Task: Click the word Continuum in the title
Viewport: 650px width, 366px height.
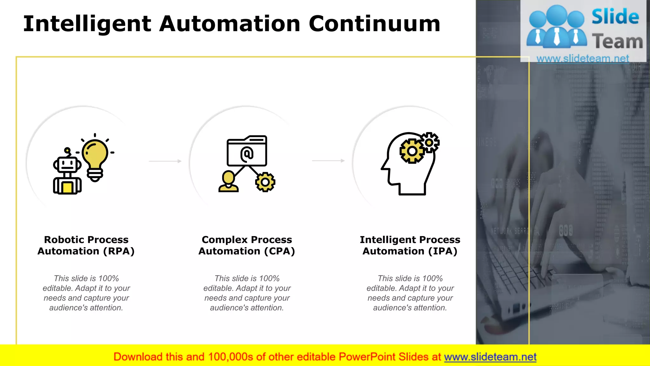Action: (375, 24)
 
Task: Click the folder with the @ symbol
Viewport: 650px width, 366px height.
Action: (247, 151)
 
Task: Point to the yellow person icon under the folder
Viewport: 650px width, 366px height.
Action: (228, 182)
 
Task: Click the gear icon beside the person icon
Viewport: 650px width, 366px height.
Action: (265, 182)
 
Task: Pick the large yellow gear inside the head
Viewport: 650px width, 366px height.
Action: (412, 151)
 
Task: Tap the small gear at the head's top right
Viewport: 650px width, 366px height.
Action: (429, 142)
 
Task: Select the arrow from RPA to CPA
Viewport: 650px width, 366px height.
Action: (165, 161)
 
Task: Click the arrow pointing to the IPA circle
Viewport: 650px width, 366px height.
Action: (328, 161)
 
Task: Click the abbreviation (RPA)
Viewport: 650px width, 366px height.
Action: (119, 251)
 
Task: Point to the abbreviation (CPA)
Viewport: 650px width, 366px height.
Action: (280, 251)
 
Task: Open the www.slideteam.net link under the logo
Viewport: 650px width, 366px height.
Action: (583, 58)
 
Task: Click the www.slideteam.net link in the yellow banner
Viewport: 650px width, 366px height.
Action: (490, 357)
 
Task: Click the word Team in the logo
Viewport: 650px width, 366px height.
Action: (617, 42)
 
